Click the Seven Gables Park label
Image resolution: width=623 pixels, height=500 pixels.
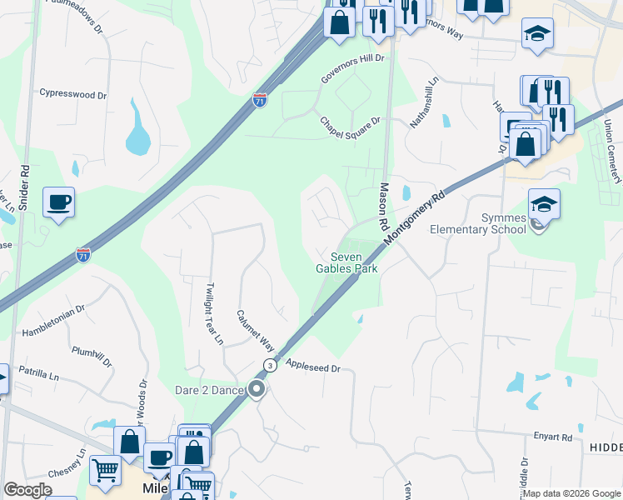[x=346, y=262]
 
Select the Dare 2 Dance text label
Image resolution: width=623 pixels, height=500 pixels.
[x=209, y=390]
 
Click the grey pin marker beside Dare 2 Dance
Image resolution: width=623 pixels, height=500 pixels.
[x=257, y=389]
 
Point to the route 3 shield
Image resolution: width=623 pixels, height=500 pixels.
[x=270, y=366]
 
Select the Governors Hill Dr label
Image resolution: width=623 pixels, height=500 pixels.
[x=354, y=69]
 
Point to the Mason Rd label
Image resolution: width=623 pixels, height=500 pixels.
[x=385, y=207]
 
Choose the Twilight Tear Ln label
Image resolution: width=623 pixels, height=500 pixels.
[x=214, y=314]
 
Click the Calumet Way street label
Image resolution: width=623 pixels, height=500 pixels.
[x=255, y=331]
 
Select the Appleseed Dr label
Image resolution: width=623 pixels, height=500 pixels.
[x=313, y=367]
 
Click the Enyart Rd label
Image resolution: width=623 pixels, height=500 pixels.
[x=554, y=437]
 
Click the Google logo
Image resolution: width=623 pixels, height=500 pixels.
[x=28, y=490]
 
